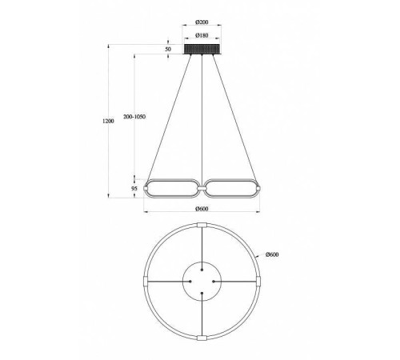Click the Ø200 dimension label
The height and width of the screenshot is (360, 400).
tap(202, 22)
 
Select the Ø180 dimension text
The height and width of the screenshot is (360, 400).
tap(202, 35)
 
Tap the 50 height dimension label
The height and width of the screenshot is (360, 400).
tap(168, 49)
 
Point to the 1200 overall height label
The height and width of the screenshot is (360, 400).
tap(108, 121)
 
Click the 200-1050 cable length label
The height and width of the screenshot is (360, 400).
tap(134, 117)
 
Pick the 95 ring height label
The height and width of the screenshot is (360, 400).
tap(134, 189)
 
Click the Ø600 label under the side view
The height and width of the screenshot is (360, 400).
tap(202, 209)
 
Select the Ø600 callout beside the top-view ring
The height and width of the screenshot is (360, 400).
tap(272, 254)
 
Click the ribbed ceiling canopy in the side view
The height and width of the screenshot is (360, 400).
tap(202, 50)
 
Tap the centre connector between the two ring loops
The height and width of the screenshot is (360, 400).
tap(202, 189)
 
